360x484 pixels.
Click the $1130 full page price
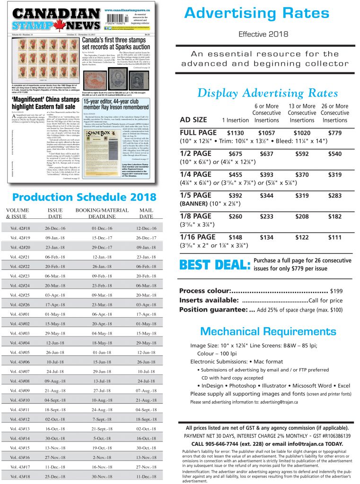pos(236,133)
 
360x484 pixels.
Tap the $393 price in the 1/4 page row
pos(267,174)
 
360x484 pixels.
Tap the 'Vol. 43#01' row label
pos(20,314)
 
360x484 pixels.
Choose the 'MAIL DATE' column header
pos(146,213)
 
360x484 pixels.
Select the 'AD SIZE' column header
pos(193,120)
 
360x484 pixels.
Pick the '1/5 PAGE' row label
pos(196,195)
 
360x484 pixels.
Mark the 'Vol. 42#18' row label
pos(20,228)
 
